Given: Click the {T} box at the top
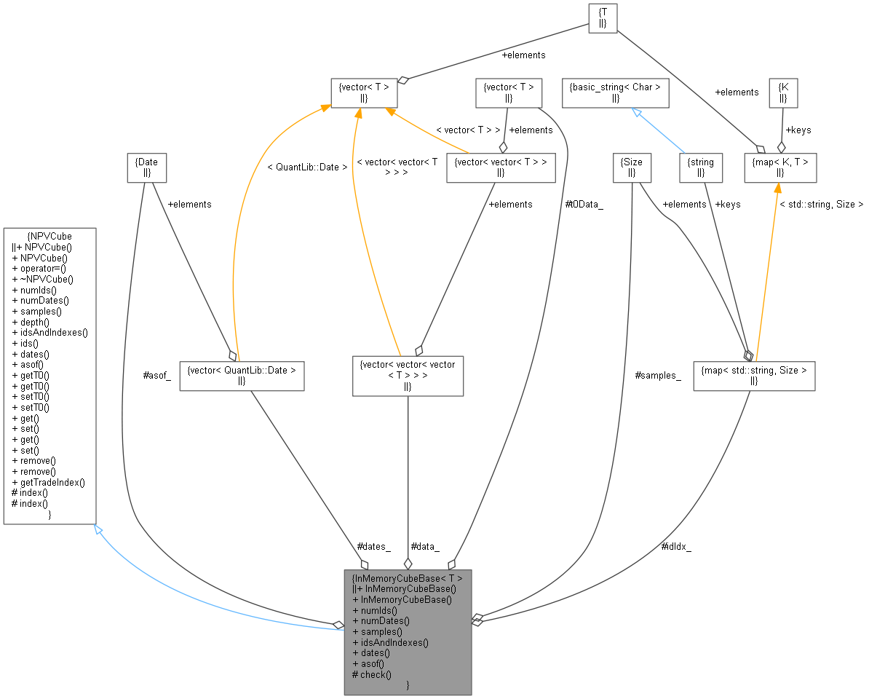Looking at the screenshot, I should pos(603,17).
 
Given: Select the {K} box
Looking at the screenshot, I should pos(783,92).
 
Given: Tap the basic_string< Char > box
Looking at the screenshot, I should pos(615,92).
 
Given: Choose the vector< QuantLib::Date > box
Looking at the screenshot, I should pos(242,376).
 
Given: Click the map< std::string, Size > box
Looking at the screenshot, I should pos(753,376).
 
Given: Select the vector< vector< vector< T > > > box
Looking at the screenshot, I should pos(408,376).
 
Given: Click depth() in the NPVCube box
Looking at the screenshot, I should pos(35,322).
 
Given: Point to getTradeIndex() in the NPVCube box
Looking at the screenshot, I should pos(52,482).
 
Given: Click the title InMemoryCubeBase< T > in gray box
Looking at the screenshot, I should pos(407,578).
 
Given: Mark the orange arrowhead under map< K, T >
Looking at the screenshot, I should pos(777,187).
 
